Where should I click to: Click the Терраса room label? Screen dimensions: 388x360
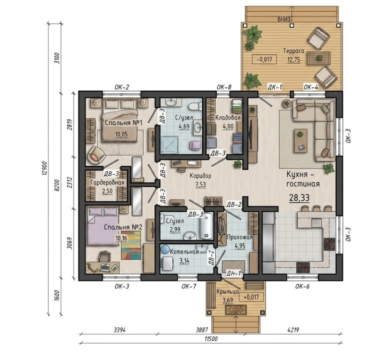[294, 51]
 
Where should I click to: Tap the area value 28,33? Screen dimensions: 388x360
[299, 198]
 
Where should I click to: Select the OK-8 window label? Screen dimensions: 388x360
[224, 87]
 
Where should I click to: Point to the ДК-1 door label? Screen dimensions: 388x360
[274, 87]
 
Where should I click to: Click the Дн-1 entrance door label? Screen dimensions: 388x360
[234, 273]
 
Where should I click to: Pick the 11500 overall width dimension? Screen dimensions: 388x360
[211, 339]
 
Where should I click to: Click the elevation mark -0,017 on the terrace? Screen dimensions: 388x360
[264, 59]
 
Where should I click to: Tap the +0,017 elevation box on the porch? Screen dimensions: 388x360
[251, 297]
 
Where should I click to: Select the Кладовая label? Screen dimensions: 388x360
[228, 118]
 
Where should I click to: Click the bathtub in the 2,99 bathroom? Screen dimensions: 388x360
[207, 227]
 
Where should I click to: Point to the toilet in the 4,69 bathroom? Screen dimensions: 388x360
[194, 106]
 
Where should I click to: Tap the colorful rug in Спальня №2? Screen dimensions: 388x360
[131, 245]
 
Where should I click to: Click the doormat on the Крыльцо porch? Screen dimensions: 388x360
[235, 310]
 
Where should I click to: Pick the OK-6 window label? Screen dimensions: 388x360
[302, 286]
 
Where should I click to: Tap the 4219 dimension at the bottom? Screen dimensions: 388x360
[294, 330]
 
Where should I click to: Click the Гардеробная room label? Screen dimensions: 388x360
[107, 182]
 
